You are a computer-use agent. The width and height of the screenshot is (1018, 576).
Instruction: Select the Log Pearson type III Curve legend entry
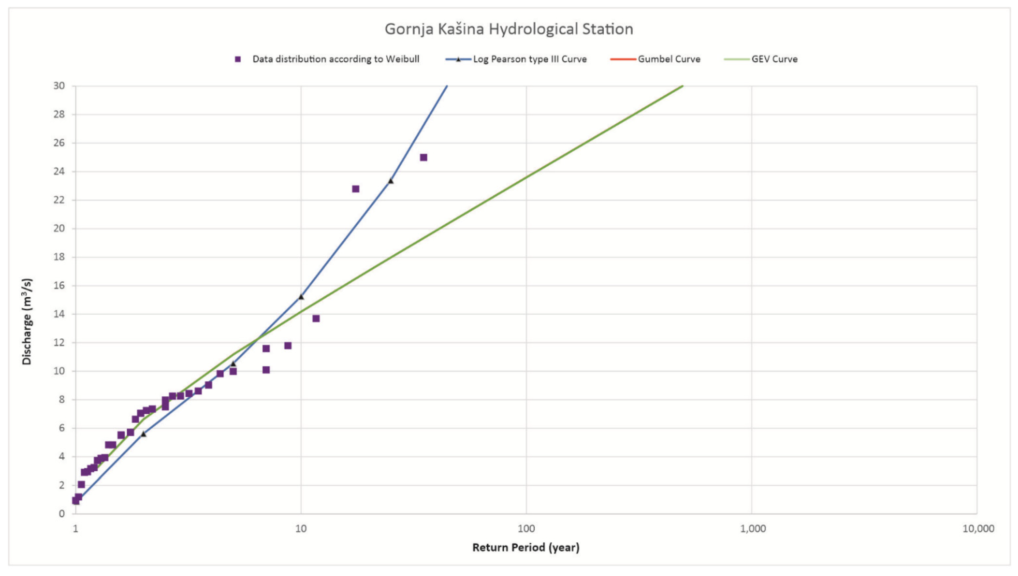click(529, 59)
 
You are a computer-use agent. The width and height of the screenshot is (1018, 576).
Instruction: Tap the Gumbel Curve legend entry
click(669, 59)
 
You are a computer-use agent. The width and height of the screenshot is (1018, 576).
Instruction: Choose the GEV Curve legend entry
click(774, 59)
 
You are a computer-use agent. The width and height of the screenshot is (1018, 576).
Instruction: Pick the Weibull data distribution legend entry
click(335, 59)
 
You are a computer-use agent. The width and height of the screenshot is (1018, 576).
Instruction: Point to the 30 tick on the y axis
click(59, 86)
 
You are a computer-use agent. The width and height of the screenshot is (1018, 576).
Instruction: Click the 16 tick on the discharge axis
click(59, 286)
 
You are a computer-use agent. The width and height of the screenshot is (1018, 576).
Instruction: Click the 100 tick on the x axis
click(526, 529)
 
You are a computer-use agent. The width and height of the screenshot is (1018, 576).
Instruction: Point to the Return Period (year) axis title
click(526, 548)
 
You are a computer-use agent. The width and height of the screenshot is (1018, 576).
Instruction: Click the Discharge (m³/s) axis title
click(27, 321)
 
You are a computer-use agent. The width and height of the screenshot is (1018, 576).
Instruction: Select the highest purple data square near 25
click(423, 157)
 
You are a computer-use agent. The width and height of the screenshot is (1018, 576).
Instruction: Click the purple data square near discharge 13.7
click(316, 318)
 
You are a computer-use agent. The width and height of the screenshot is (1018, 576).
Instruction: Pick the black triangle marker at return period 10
click(301, 297)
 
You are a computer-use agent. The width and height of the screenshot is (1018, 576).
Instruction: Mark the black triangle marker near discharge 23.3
click(390, 181)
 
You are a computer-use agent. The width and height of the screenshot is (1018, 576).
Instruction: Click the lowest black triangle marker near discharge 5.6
click(143, 434)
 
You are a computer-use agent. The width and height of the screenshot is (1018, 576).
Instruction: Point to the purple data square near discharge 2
click(81, 484)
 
